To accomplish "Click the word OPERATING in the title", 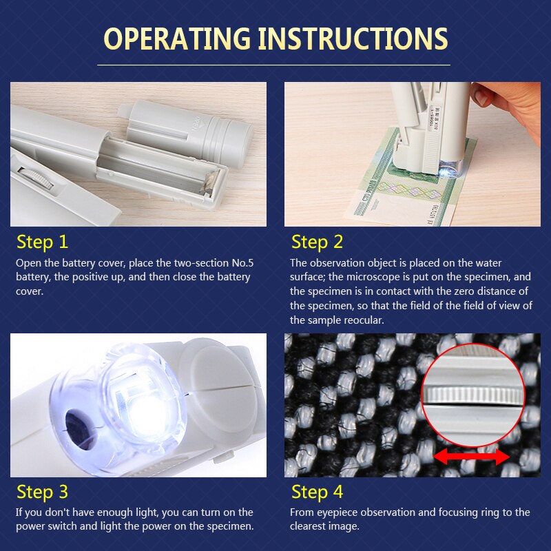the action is [x=177, y=39].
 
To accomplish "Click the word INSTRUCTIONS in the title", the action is [x=353, y=39].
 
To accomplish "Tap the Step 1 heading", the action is [x=42, y=242].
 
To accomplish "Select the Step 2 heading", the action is [x=317, y=242].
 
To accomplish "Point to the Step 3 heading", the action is [x=42, y=492].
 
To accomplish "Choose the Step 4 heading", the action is [x=317, y=492].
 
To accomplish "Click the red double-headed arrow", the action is [x=472, y=457].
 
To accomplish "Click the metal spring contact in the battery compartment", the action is [x=209, y=182].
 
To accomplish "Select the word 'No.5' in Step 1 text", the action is [x=242, y=263].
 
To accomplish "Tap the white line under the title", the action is [x=273, y=65].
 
